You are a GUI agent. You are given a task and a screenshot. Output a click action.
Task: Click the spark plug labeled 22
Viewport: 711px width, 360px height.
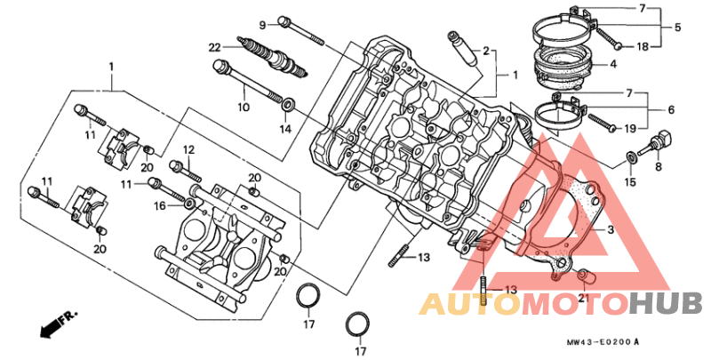coord(273,56)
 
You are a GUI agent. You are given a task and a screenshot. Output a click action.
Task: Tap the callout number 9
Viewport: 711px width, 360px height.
coord(262,26)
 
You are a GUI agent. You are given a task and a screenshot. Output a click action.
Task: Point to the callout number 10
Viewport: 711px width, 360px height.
coord(244,107)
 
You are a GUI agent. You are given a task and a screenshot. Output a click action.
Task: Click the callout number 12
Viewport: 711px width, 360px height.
coord(188,149)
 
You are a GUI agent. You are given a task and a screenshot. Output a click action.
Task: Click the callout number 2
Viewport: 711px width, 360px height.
coord(486,51)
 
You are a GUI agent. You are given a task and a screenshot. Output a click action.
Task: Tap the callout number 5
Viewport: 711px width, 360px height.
coord(677,28)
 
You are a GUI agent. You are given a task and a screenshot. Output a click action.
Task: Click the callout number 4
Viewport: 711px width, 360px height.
coord(613,64)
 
